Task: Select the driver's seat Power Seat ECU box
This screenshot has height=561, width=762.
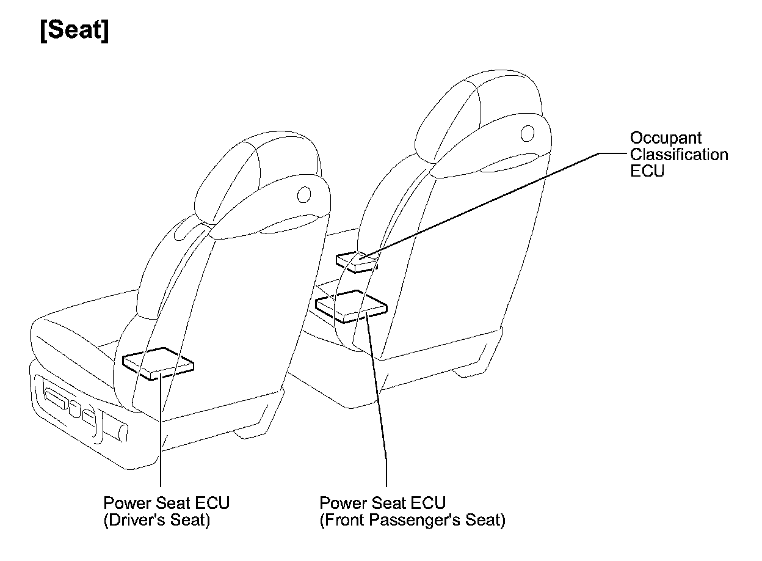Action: (x=159, y=363)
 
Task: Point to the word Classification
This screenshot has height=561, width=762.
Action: (x=679, y=155)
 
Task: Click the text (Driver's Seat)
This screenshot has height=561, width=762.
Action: (x=156, y=521)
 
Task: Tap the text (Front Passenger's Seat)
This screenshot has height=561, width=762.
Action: (x=412, y=521)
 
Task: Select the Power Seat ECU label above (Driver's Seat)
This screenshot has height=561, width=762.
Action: (x=166, y=504)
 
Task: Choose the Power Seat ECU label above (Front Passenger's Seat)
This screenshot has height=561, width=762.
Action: (x=383, y=504)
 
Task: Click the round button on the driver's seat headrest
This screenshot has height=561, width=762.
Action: (x=303, y=194)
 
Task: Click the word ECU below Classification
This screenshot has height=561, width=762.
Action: (x=647, y=171)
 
